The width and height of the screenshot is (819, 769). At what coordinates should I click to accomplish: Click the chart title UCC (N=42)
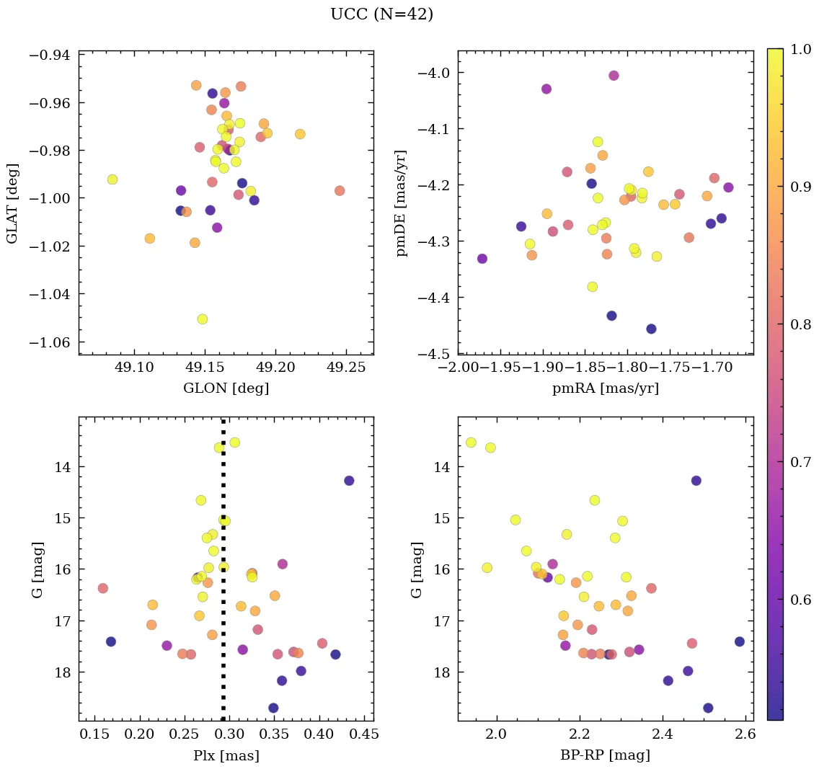[x=381, y=14]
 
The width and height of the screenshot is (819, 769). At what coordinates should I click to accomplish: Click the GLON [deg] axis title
[x=226, y=388]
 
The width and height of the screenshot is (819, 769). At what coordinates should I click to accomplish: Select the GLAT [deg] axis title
[x=12, y=203]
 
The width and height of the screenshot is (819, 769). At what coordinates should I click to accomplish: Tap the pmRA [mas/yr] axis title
[x=605, y=388]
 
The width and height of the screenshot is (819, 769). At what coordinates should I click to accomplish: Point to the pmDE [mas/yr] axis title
[x=402, y=203]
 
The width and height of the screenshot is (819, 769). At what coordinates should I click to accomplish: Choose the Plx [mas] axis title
[x=226, y=756]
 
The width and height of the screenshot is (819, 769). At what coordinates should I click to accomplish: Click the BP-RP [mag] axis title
[x=605, y=756]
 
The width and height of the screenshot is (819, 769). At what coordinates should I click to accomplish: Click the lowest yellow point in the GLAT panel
[x=202, y=319]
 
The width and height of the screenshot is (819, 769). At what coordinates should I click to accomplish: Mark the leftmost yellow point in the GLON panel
[x=112, y=179]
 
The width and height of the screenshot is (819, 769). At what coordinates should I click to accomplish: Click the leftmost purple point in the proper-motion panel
[x=482, y=259]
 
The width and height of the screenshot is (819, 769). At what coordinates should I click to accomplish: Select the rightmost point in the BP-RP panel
[x=739, y=641]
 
